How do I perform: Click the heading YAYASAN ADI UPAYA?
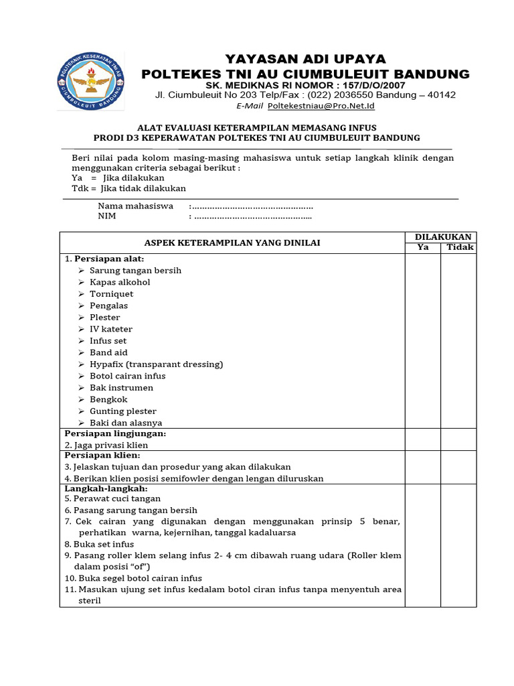click(x=305, y=59)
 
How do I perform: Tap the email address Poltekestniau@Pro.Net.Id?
click(x=321, y=106)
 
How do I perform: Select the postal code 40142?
click(x=440, y=95)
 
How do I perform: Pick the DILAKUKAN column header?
click(x=442, y=237)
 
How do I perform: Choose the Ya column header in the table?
click(x=423, y=247)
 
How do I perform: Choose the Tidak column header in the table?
click(x=460, y=247)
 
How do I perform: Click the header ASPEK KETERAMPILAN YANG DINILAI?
click(x=232, y=243)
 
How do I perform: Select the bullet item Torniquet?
click(x=111, y=293)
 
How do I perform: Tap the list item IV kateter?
click(x=111, y=329)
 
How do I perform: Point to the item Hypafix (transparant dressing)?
click(x=156, y=364)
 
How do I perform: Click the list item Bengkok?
click(x=108, y=399)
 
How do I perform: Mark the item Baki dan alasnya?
click(x=126, y=423)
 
